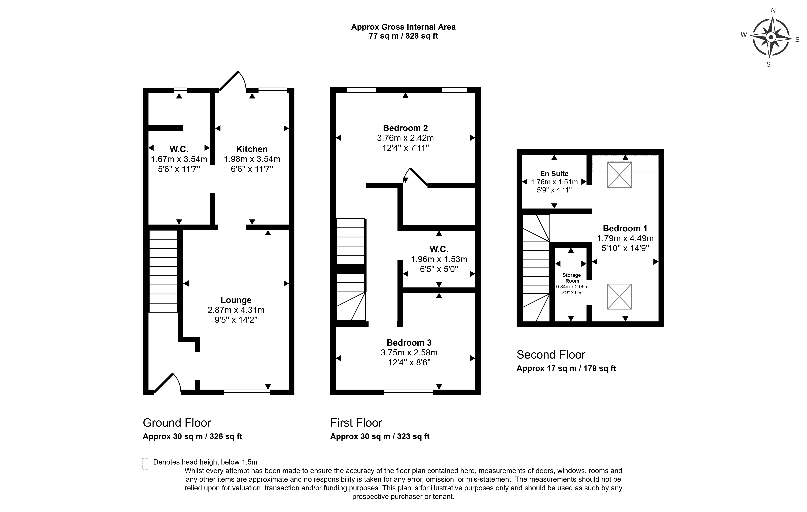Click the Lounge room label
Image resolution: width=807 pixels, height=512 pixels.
[x=236, y=300]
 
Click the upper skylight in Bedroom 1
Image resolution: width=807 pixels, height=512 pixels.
[x=619, y=175]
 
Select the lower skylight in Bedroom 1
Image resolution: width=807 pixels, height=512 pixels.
[x=619, y=296]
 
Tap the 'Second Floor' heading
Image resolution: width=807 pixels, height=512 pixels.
[x=551, y=355]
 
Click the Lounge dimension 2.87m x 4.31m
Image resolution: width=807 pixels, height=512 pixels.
[x=236, y=310]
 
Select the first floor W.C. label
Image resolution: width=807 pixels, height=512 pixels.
[x=439, y=249]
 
